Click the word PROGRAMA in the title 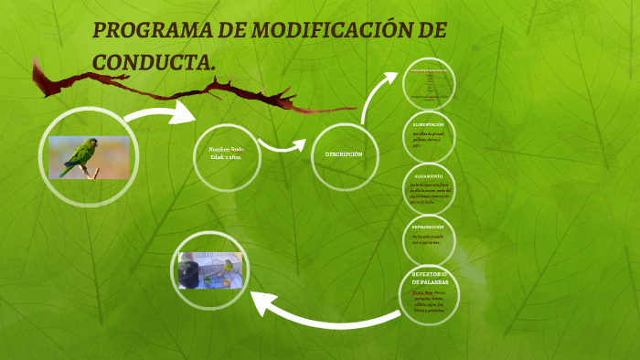click(152, 30)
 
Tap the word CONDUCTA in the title click(152, 62)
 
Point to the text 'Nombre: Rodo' click(227, 148)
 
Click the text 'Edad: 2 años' click(227, 158)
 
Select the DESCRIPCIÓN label click(344, 154)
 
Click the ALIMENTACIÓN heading click(429, 124)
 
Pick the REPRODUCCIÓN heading click(429, 226)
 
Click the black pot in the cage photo click(190, 273)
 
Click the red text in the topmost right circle click(429, 70)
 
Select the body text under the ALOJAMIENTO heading click(429, 193)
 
